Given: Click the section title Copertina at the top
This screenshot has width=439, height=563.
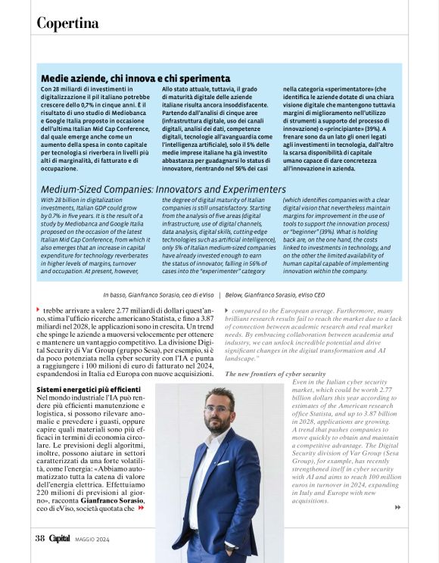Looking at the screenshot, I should point(67,23).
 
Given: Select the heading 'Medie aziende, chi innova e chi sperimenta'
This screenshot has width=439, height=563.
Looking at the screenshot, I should point(135,78).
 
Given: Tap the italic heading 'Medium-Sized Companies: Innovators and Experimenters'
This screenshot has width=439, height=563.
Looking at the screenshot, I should point(163,189).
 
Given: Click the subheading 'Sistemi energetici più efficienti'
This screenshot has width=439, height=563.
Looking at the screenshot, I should point(88,389).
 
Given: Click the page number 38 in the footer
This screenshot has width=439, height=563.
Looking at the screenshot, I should point(40,538).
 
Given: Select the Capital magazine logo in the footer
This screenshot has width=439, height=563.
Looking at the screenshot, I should point(60,538).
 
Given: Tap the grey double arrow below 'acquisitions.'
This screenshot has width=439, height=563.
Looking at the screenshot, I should point(397,508).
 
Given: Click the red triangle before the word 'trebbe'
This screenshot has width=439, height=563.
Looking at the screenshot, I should point(38,309).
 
